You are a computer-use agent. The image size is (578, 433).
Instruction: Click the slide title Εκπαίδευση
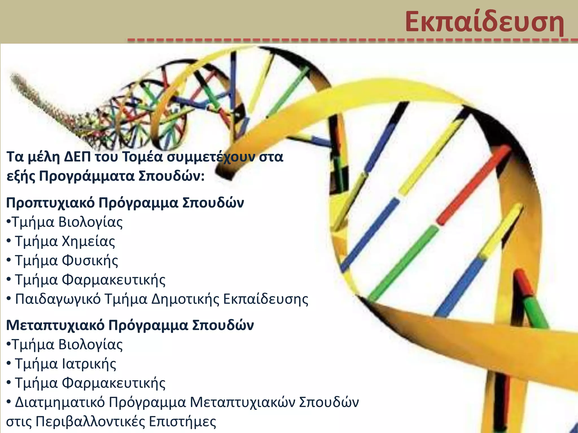484,22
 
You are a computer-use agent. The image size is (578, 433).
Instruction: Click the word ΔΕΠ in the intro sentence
77,157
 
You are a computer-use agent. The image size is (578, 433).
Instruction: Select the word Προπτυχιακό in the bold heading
50,203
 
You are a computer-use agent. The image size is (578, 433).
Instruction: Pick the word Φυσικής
90,261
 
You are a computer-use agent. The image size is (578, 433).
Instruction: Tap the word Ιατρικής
89,364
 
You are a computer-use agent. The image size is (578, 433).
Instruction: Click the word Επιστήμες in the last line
182,422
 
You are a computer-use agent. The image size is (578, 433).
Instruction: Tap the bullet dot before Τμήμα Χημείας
9,242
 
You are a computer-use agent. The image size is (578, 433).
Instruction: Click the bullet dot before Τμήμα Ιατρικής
9,364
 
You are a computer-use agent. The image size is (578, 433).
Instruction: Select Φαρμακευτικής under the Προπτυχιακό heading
114,280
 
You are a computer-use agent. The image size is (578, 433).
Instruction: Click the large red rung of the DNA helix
474,185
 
